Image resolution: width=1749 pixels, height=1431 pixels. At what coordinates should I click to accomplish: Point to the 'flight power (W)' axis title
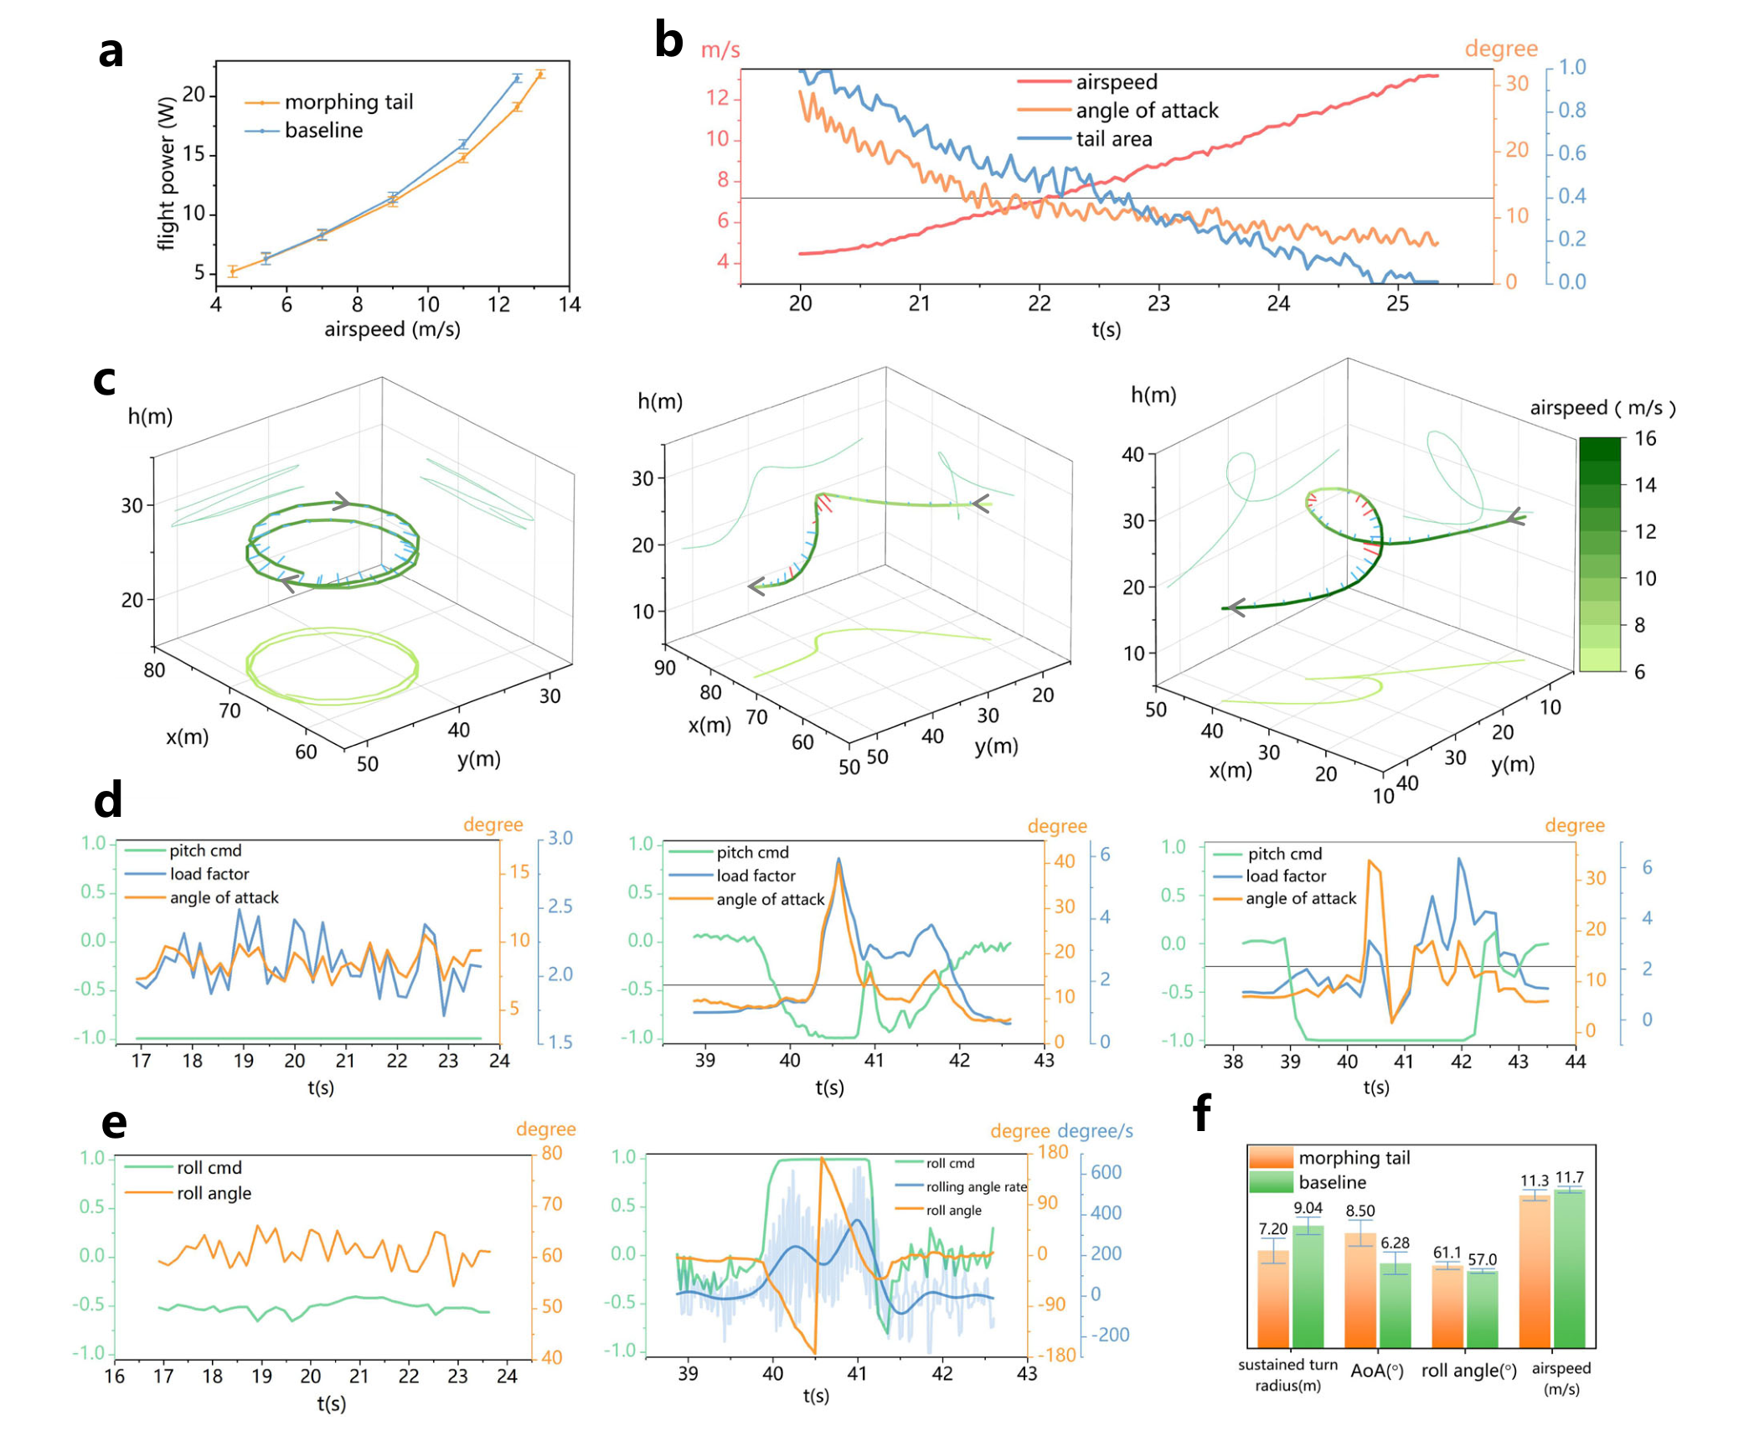click(167, 173)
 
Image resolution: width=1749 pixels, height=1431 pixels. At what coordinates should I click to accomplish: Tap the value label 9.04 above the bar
click(1308, 1208)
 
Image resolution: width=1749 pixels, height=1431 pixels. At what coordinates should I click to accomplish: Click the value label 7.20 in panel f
click(1272, 1229)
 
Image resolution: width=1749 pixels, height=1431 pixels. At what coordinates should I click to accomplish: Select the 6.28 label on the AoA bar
click(1395, 1243)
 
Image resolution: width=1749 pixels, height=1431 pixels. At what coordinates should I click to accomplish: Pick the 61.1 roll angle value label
click(1447, 1253)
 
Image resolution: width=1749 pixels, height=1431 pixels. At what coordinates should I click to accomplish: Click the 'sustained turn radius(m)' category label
click(1287, 1375)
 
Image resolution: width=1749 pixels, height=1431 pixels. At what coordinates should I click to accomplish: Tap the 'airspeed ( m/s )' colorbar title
click(1602, 408)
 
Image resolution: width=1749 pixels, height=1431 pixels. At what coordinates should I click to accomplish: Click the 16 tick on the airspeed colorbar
click(1645, 438)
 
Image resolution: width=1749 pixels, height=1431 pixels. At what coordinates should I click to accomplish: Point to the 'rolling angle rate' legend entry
click(976, 1186)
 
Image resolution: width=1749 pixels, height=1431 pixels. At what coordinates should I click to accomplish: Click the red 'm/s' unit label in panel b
click(720, 50)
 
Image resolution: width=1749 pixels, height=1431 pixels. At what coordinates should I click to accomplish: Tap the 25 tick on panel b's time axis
click(1397, 303)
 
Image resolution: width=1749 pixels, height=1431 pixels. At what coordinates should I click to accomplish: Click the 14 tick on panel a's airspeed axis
click(570, 304)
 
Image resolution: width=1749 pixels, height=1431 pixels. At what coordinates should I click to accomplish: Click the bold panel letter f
click(1202, 1113)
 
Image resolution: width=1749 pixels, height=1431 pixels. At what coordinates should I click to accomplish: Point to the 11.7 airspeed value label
click(1569, 1177)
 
